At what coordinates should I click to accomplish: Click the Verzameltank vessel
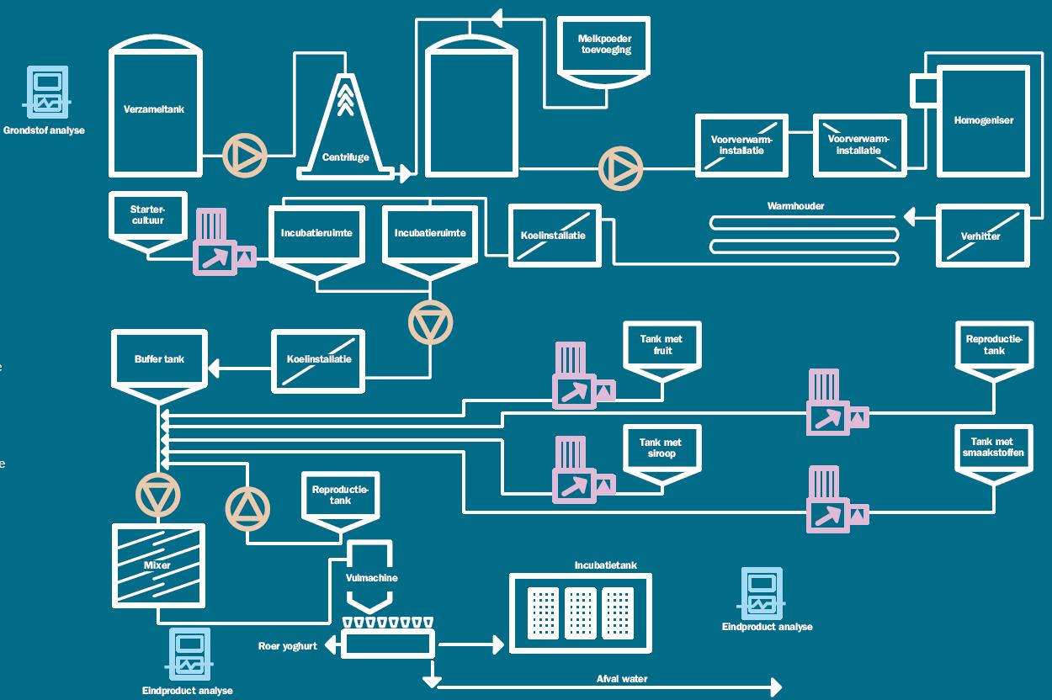point(156,110)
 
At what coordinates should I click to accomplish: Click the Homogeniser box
point(983,120)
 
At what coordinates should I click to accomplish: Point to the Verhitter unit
point(982,236)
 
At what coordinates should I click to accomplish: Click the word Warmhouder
point(795,206)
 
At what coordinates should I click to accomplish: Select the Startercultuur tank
point(148,217)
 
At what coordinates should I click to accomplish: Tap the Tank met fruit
point(661,347)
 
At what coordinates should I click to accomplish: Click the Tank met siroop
point(661,449)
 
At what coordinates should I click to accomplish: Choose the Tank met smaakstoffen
point(992,449)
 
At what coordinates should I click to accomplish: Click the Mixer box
point(158,565)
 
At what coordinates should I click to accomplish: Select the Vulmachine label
point(371,578)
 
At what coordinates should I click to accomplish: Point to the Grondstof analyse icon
point(48,93)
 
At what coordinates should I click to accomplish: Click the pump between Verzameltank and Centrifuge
point(245,155)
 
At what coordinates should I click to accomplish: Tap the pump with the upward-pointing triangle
point(248,508)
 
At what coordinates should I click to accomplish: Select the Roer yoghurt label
point(287,646)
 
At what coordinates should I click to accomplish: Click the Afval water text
point(622,679)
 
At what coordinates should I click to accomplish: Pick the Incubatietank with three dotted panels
point(580,612)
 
